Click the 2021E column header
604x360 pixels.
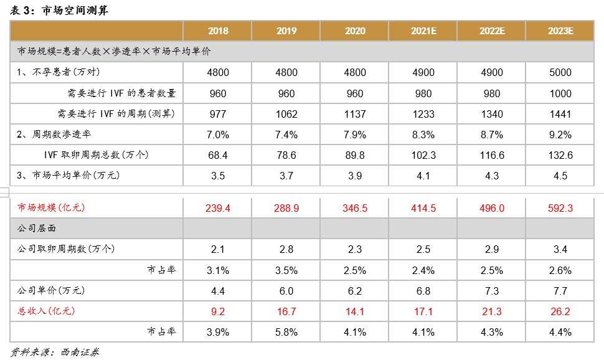tap(423, 31)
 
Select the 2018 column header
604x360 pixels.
tap(218, 31)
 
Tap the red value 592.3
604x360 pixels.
tap(560, 208)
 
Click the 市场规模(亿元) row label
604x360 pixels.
tap(51, 208)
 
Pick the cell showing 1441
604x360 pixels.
tap(560, 114)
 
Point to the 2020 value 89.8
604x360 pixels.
tap(355, 155)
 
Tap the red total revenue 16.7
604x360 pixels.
tap(286, 311)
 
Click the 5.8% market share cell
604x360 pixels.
tap(286, 332)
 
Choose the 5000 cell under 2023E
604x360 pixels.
tap(560, 73)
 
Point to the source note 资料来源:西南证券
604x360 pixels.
tap(55, 352)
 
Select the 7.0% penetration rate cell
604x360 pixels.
tap(218, 135)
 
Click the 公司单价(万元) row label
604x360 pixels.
tap(51, 290)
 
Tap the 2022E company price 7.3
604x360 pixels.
tap(491, 290)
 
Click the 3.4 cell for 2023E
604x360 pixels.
tap(560, 249)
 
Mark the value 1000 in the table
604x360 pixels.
tap(560, 93)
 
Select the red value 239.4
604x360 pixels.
tap(218, 208)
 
